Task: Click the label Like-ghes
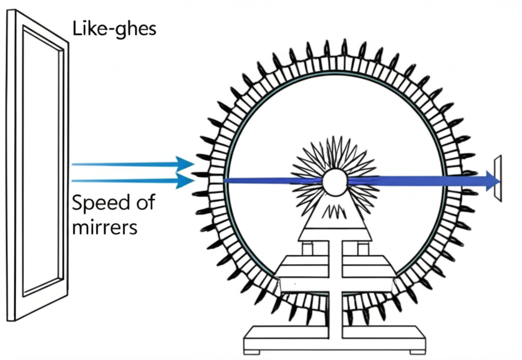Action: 114,29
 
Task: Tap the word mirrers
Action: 105,226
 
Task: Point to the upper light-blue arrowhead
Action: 183,164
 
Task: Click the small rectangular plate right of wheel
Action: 498,178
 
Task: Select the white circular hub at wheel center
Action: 334,182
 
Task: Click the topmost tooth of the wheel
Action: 344,47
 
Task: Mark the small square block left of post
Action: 307,248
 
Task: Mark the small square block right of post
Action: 363,248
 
